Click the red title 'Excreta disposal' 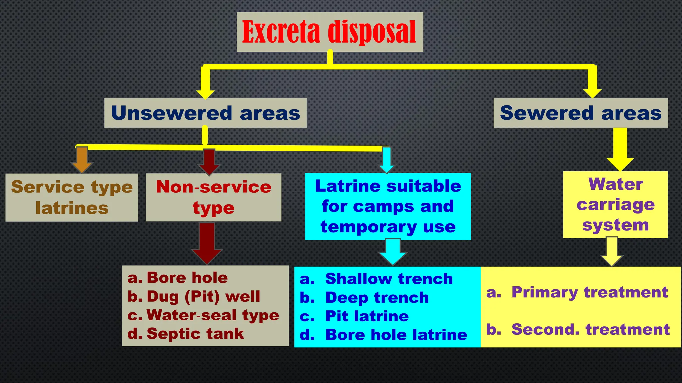point(329,32)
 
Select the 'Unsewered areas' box point(205,113)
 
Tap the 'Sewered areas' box point(580,113)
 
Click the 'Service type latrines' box point(72,197)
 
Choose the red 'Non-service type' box point(213,197)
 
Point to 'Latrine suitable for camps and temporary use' point(388,206)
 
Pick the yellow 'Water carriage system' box point(615,204)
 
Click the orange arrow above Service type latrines point(82,160)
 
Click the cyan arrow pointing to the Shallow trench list point(393,252)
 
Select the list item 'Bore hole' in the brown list point(187,278)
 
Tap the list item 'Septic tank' point(195,334)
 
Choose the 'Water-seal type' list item point(212,315)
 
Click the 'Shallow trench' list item point(389,279)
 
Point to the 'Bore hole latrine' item point(396,335)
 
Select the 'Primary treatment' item point(589,292)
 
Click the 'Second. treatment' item point(590,329)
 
